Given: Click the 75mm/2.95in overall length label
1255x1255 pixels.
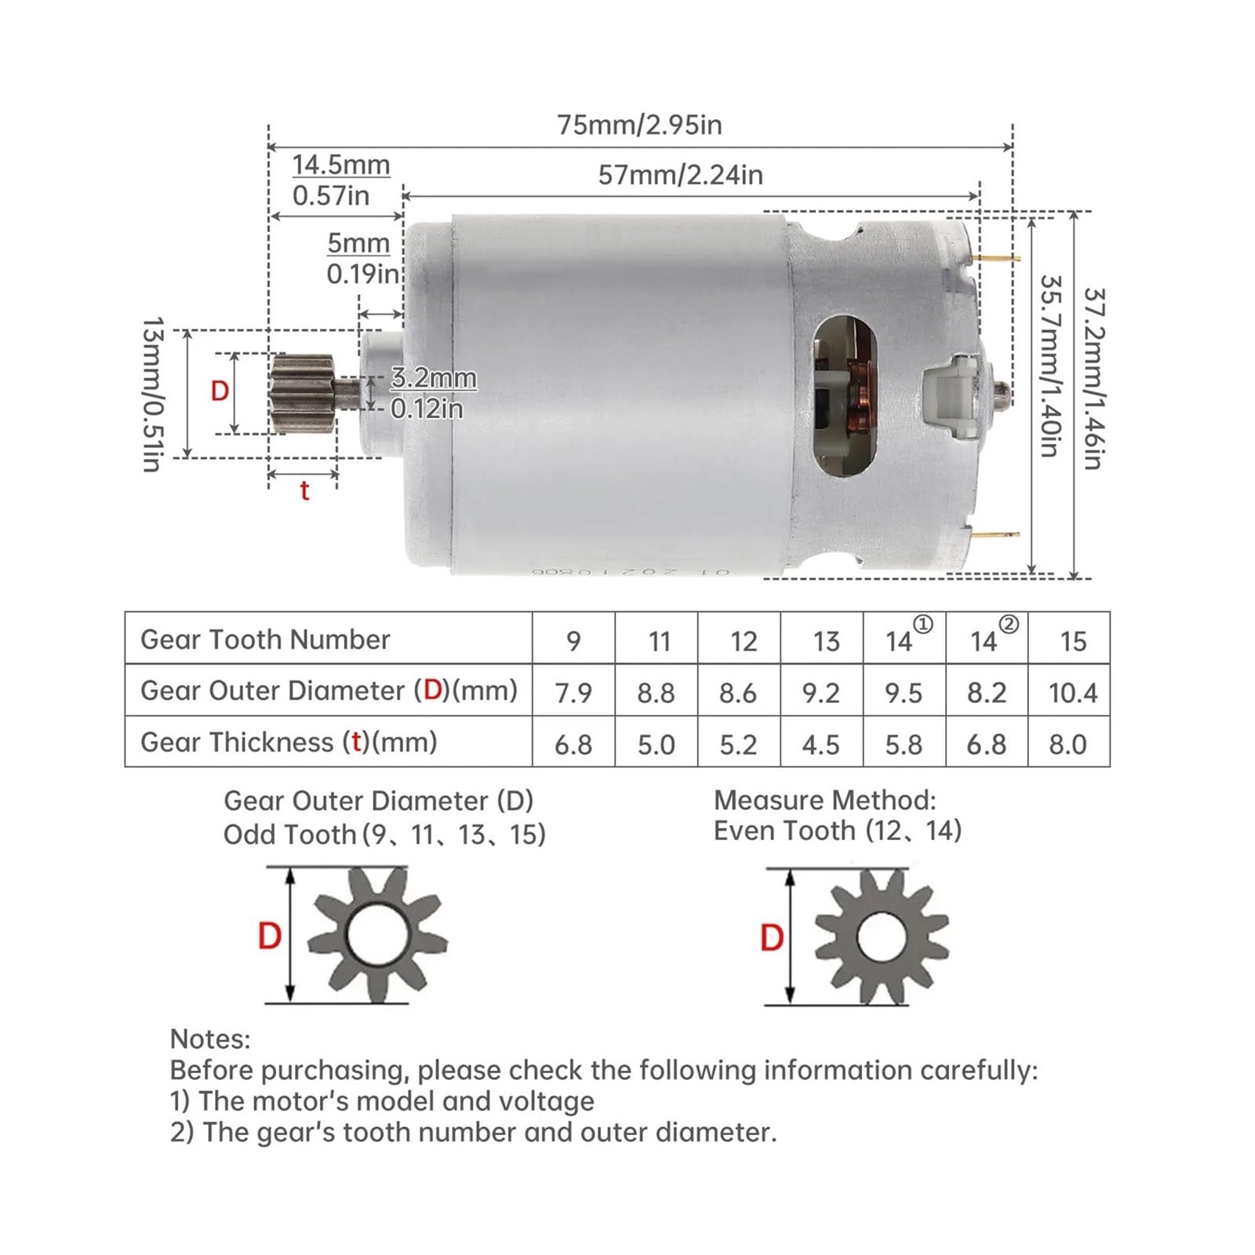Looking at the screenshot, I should [639, 125].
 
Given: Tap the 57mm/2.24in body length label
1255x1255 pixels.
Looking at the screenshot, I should [680, 175].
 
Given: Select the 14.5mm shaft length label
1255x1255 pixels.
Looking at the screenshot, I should [340, 166].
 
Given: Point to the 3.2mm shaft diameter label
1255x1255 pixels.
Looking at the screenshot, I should [433, 378].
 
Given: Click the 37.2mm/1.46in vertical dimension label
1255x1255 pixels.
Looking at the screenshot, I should [1093, 379].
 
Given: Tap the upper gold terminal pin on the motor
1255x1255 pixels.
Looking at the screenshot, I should [999, 258].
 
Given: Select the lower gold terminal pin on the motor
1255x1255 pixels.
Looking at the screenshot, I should [999, 535].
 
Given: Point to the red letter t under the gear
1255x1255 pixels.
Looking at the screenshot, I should [304, 492].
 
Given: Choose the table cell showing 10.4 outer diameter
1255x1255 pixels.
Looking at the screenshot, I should [1072, 693].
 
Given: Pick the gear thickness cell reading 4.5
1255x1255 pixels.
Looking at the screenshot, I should [821, 744].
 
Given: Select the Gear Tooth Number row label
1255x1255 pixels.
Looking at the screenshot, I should [265, 639].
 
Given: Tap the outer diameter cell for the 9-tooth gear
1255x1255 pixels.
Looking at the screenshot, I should [573, 693].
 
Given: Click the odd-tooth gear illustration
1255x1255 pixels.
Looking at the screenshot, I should [376, 935].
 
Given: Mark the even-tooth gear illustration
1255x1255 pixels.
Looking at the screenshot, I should [882, 937].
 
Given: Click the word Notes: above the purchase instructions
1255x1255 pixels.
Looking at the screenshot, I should [210, 1039].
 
